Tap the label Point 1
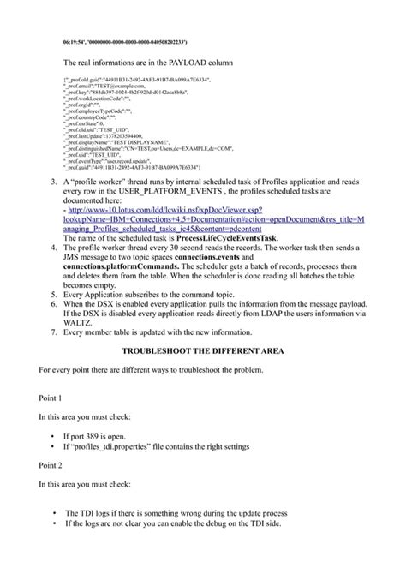tap(51, 398)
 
